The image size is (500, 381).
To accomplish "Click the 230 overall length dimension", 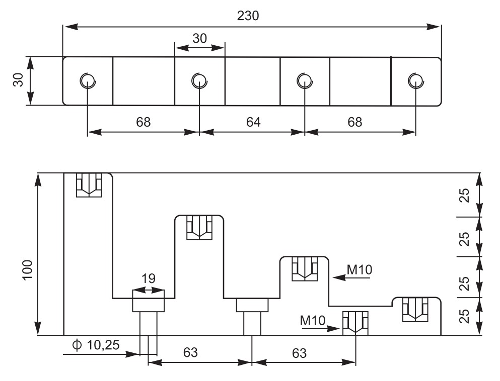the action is coord(248,16).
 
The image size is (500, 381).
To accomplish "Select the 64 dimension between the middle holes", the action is coord(253,122).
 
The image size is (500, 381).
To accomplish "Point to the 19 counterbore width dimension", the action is coord(148,278).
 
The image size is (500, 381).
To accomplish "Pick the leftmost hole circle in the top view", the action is coord(88,80).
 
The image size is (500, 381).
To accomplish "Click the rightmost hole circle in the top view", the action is coord(416,80).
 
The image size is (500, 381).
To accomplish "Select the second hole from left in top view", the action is coord(199,80).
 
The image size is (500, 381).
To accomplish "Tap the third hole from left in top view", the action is coord(305,80).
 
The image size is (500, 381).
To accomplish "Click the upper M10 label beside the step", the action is coord(360,270).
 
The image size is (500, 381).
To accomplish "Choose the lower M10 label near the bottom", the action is coord(313,321).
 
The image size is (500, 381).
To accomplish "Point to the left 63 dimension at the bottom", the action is coord(190,353).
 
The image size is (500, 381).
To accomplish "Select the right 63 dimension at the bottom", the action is coord(299,353).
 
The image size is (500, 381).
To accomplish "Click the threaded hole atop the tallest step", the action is coord(89,185).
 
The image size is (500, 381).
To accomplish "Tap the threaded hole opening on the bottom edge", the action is coord(355,323).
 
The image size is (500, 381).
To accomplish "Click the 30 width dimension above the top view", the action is coord(199,39).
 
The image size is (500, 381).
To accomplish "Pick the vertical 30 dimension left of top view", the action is coord(19,79).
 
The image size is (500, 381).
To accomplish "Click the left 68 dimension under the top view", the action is coord(143,122).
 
